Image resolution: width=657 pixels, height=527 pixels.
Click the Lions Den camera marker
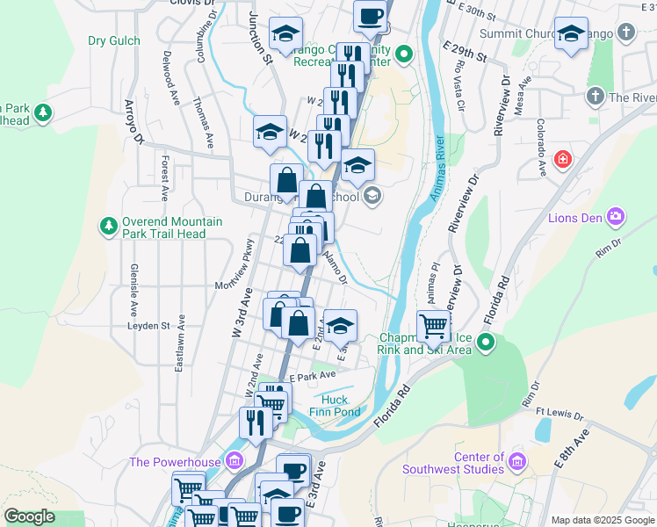point(615,216)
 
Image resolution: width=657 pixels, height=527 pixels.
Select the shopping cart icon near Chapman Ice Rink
point(433,326)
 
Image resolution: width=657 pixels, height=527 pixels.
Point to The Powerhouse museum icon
point(234,460)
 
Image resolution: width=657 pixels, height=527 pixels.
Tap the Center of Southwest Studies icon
point(516,460)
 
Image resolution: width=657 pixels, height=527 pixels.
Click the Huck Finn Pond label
point(335,405)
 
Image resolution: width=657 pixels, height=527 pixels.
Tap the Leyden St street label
point(147,325)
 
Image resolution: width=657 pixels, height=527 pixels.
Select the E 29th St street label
point(465,50)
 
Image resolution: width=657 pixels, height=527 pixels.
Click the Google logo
point(29,516)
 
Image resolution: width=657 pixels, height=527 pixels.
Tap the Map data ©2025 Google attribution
point(602,520)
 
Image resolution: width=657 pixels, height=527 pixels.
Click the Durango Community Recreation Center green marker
point(403,55)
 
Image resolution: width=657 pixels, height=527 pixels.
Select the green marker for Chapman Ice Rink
point(486,341)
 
